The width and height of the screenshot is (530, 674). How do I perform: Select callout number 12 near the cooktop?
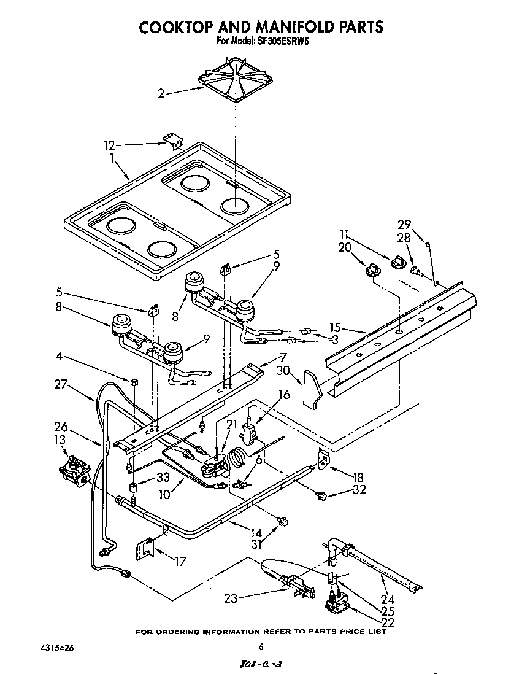coord(109,145)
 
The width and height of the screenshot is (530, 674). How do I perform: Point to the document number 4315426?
coord(60,646)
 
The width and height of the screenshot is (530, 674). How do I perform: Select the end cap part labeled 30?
coord(312,389)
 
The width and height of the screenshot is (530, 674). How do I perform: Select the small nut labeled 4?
coord(133,382)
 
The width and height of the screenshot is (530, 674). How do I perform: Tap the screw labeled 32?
coord(320,494)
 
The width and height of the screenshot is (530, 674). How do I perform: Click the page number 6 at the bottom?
coord(261,646)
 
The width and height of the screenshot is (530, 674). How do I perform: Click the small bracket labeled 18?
coord(323,457)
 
